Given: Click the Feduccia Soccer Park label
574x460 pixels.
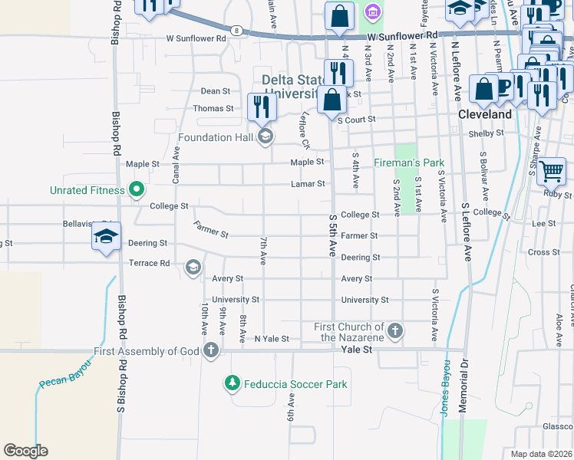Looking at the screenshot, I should [295, 384].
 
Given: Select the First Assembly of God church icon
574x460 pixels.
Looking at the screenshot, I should [211, 351].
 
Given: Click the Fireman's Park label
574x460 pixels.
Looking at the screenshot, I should [409, 163].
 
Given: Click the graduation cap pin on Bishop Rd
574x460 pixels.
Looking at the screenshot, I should [107, 236].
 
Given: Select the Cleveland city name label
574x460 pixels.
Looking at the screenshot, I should [485, 114].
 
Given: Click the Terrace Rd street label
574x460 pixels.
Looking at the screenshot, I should [149, 263].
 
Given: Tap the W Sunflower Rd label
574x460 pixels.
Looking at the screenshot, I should [196, 37].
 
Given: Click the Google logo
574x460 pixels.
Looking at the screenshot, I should [25, 451].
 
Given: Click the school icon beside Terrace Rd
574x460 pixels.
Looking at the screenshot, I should [193, 267].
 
